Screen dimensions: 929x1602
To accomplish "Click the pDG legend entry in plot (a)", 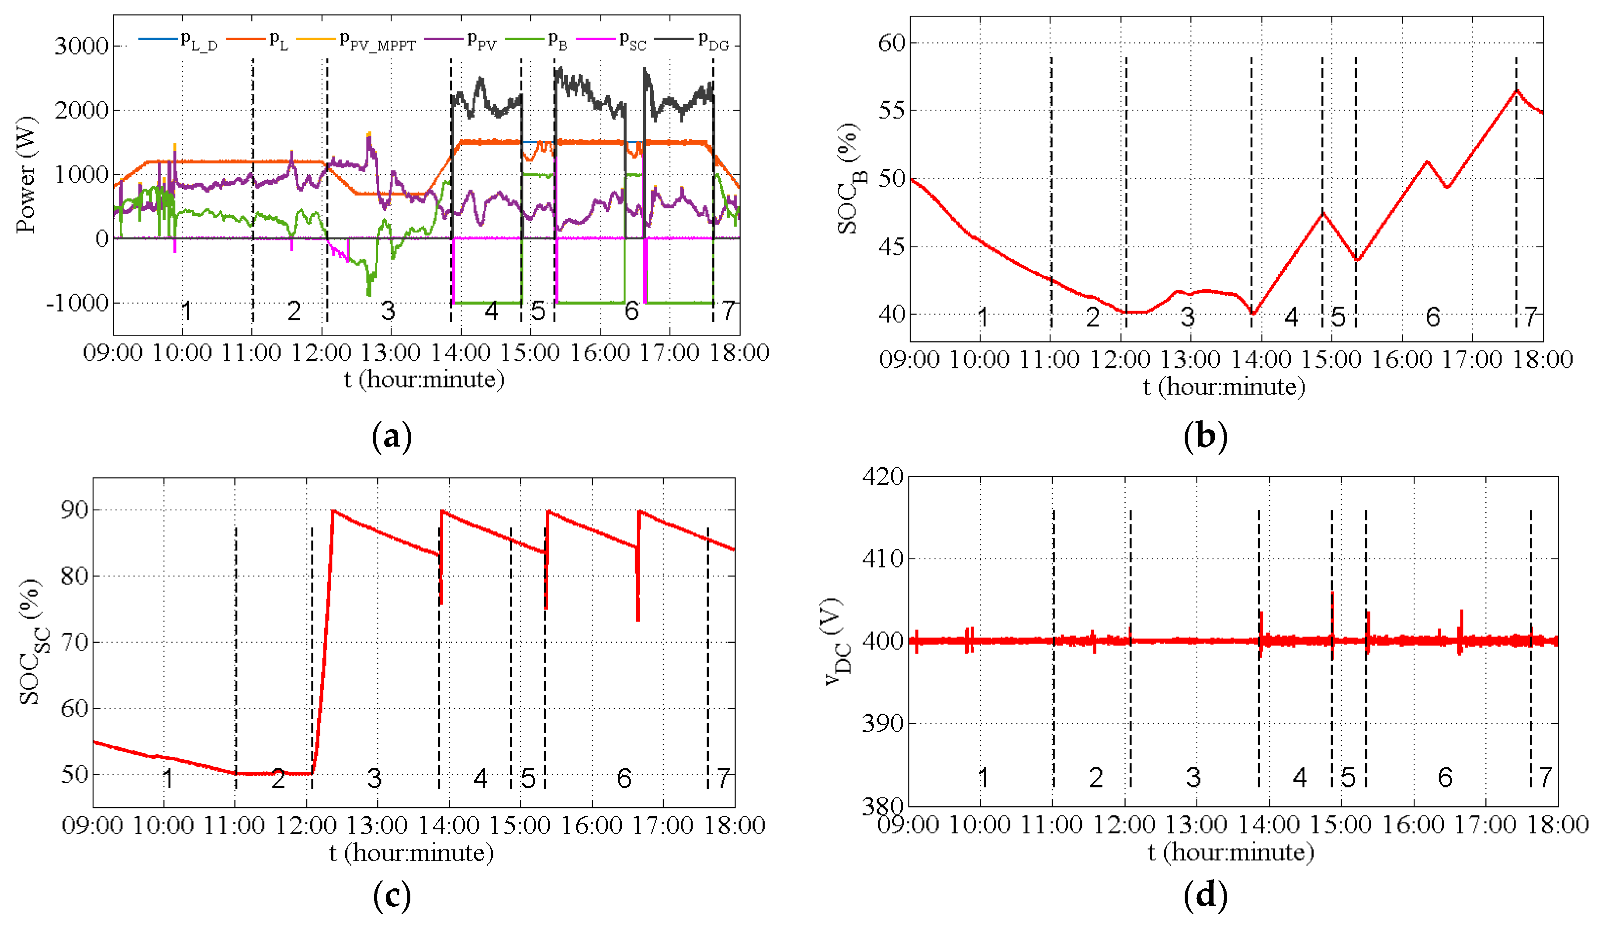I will [x=713, y=41].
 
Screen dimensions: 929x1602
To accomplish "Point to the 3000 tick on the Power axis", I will [x=81, y=46].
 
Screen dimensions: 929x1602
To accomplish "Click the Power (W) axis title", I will [x=27, y=175].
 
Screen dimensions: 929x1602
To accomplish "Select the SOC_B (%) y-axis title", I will [x=850, y=179].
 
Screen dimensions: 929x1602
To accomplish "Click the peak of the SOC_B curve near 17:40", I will [x=1516, y=91].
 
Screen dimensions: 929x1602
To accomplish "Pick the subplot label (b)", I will [x=1205, y=437].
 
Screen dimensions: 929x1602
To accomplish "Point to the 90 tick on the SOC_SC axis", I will [x=74, y=510].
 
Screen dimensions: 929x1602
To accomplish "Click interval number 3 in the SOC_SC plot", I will [x=374, y=778].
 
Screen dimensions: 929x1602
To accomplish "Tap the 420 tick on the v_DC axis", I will [x=882, y=476].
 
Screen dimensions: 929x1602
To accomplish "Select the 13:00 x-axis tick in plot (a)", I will [x=390, y=352].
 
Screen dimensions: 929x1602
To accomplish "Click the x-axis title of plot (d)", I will [x=1231, y=852].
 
